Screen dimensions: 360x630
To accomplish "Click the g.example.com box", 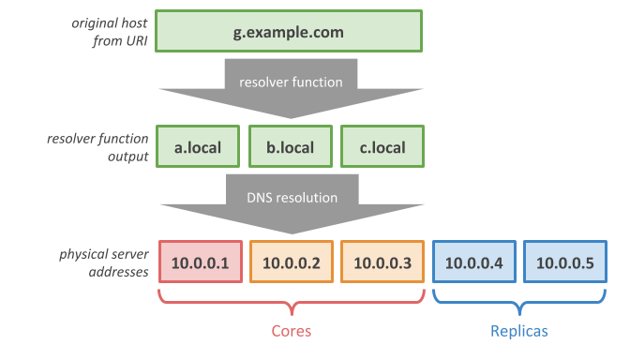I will point(289,32).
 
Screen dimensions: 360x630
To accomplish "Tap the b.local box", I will point(291,147).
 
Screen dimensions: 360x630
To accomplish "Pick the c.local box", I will point(382,147).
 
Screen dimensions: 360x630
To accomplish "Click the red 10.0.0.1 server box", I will point(199,263).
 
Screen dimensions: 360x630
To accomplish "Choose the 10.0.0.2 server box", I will point(291,263).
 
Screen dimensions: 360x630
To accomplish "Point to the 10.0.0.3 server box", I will point(382,263).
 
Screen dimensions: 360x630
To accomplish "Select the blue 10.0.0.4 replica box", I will point(473,263).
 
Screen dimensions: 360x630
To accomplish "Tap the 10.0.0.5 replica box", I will point(564,263).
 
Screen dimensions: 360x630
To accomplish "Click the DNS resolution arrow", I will point(291,204).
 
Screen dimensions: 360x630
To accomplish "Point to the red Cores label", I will point(291,331).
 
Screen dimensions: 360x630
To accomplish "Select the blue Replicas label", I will point(518,331).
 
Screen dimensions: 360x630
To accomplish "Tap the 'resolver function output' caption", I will point(97,147).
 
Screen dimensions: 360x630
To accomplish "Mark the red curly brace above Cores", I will point(291,303).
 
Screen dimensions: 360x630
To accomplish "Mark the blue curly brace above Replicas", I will point(518,303).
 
